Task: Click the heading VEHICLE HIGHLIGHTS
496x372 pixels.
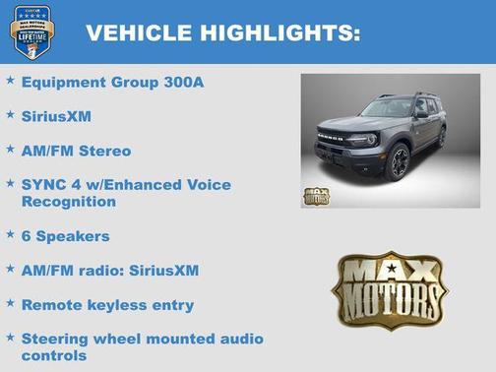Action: tap(222, 32)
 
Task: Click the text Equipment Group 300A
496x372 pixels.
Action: tap(112, 82)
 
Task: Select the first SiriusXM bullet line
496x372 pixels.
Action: tap(56, 116)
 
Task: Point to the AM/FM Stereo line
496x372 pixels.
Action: tap(76, 151)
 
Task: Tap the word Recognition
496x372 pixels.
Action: tap(68, 201)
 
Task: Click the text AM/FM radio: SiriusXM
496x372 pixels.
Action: tap(109, 270)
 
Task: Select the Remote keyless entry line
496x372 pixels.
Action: tap(107, 304)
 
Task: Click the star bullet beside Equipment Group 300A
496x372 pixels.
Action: tap(10, 80)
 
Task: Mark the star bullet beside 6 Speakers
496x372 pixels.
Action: tap(10, 234)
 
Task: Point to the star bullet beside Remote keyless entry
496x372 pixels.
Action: tap(10, 303)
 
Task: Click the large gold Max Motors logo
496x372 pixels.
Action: tap(389, 288)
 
